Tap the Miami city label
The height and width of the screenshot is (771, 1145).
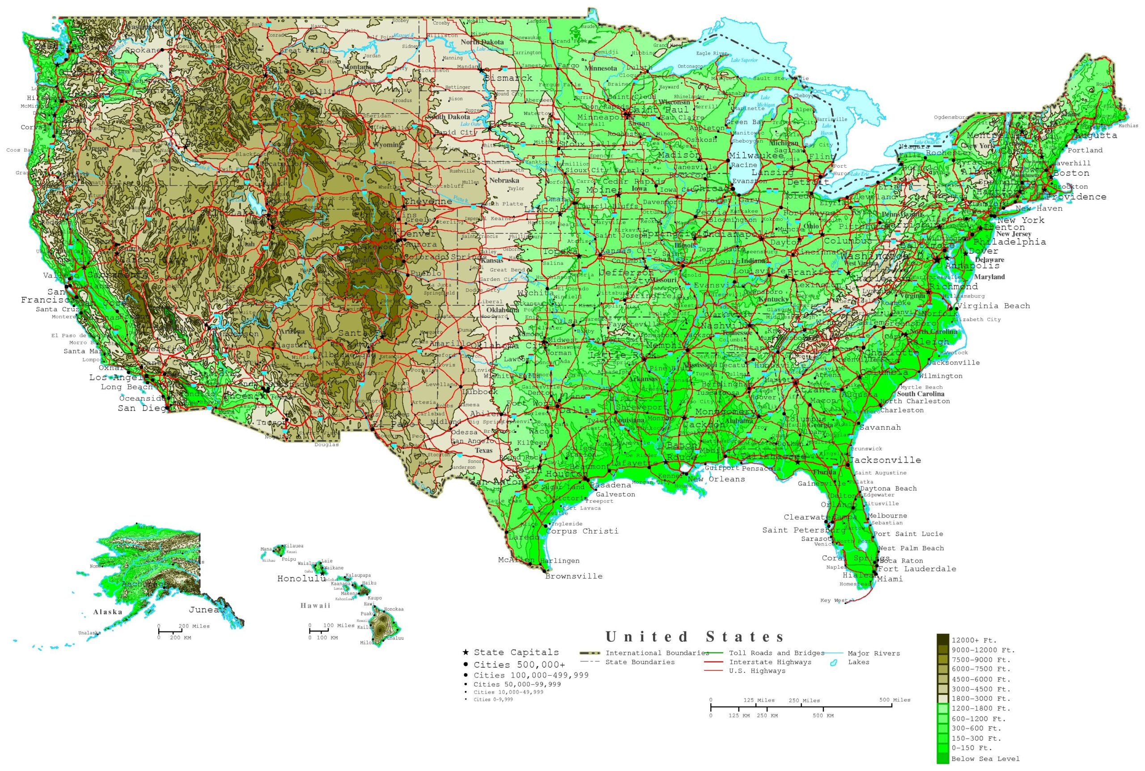pyautogui.click(x=890, y=579)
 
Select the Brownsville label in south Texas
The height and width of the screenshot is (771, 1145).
pyautogui.click(x=573, y=576)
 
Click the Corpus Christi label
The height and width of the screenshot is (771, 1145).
pyautogui.click(x=582, y=531)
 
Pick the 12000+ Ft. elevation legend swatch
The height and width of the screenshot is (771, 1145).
pyautogui.click(x=942, y=640)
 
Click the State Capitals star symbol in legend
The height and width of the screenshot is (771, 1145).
pyautogui.click(x=465, y=652)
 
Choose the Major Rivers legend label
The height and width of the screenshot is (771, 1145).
pyautogui.click(x=874, y=653)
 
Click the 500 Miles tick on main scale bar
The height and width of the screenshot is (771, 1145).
pyautogui.click(x=892, y=706)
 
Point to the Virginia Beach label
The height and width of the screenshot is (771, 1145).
pyautogui.click(x=993, y=306)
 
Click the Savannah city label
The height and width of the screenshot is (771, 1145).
pyautogui.click(x=880, y=427)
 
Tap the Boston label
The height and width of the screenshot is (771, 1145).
pyautogui.click(x=1071, y=173)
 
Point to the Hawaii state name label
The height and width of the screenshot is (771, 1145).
pyautogui.click(x=316, y=605)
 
